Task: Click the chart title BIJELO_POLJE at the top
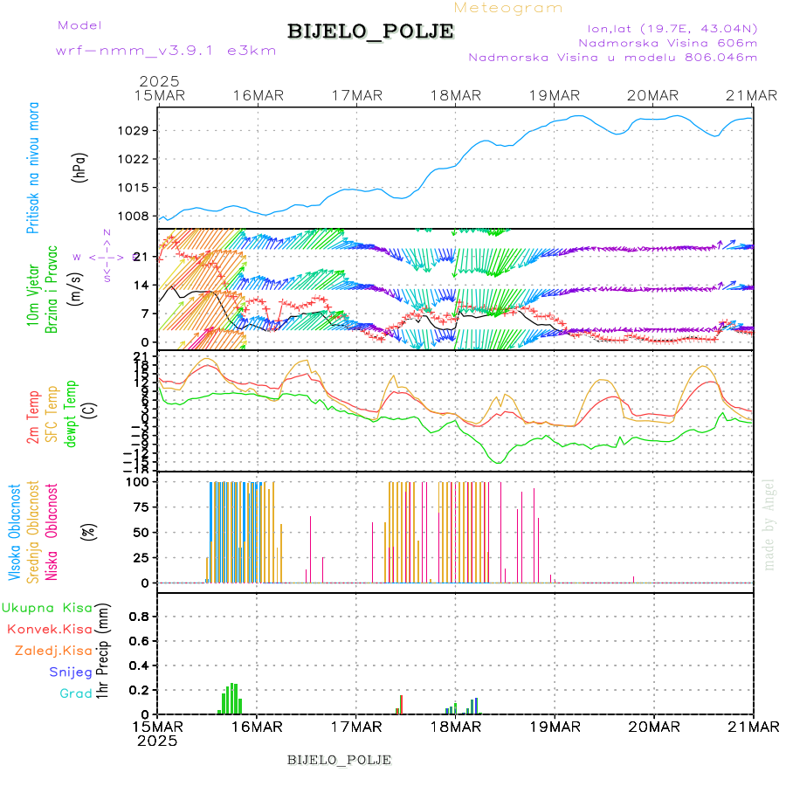pyautogui.click(x=370, y=31)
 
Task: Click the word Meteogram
pyautogui.click(x=508, y=8)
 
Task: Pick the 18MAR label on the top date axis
pyautogui.click(x=455, y=94)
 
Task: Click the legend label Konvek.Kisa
pyautogui.click(x=49, y=629)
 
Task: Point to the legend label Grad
pyautogui.click(x=75, y=693)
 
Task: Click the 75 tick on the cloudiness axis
pyautogui.click(x=140, y=507)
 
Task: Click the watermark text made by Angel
pyautogui.click(x=769, y=524)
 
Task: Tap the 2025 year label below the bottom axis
pyautogui.click(x=157, y=740)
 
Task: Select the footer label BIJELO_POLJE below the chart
pyautogui.click(x=339, y=759)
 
